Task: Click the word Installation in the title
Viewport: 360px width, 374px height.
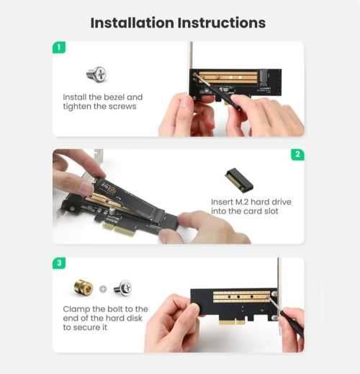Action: click(133, 22)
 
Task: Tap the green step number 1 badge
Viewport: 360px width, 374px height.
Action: click(60, 48)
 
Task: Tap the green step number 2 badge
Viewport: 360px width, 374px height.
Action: click(297, 155)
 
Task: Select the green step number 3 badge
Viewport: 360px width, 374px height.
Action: click(60, 264)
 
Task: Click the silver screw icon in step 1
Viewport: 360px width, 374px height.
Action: click(96, 74)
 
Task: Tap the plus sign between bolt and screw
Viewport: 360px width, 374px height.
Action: click(103, 289)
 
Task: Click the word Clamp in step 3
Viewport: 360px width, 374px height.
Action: click(78, 308)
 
